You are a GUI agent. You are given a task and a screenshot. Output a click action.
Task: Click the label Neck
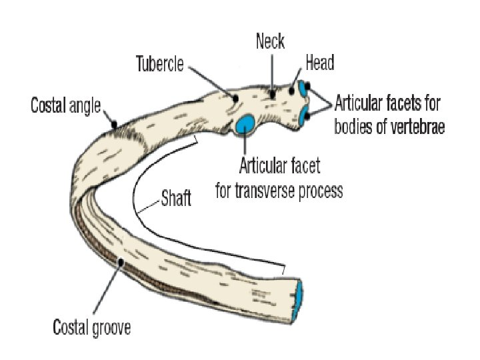pos(271,41)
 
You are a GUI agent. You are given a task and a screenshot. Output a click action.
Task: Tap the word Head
pos(319,63)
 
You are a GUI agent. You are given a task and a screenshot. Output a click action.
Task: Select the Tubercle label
pos(160,65)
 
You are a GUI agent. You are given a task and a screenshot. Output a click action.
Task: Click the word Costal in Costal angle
pos(52,105)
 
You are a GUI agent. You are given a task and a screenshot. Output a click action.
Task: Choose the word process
pos(321,192)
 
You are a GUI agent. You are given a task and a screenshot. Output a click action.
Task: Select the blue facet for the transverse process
pos(245,123)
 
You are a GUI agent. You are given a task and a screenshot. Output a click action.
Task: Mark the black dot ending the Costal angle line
pos(115,123)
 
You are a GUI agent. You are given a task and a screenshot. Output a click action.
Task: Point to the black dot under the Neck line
pos(273,95)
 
